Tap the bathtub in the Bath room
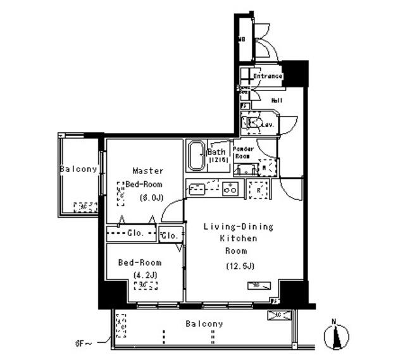tap(196, 155)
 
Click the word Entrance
tap(267, 77)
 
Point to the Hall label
tap(277, 101)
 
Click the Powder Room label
tap(244, 152)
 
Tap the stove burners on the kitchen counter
tap(230, 188)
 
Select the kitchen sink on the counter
tap(197, 189)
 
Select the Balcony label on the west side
tap(78, 169)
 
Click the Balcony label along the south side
tap(204, 324)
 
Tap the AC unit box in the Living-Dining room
tap(252, 286)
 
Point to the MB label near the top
tap(241, 40)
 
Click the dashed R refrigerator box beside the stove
tap(257, 189)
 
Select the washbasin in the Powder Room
tap(244, 169)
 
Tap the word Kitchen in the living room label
tap(238, 239)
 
